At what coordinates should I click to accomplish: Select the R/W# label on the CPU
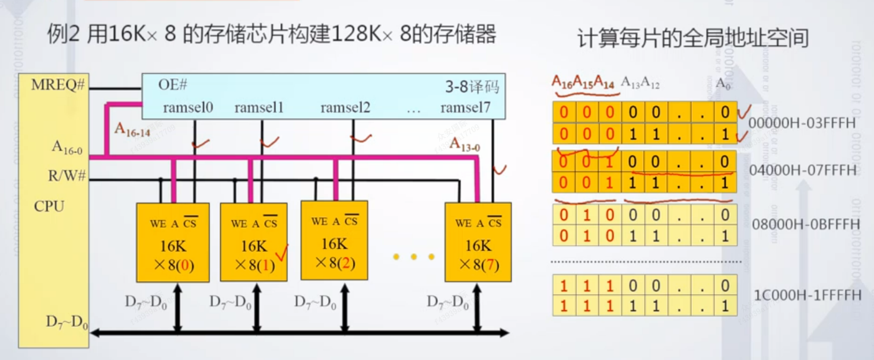click(x=67, y=176)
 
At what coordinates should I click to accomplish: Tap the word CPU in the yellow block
click(x=49, y=206)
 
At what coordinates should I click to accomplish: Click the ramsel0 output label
click(x=187, y=107)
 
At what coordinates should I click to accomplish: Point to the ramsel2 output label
click(x=345, y=107)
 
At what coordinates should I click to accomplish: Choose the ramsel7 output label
click(x=465, y=107)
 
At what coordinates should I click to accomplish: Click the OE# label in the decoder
click(x=173, y=85)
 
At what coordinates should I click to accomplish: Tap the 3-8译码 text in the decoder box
click(x=472, y=87)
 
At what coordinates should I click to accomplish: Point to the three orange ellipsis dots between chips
click(x=414, y=257)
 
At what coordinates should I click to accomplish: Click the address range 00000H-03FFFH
click(x=802, y=123)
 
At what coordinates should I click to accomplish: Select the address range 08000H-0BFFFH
click(x=805, y=225)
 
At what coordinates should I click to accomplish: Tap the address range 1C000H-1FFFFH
click(x=808, y=295)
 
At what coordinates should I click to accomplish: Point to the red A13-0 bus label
click(x=464, y=144)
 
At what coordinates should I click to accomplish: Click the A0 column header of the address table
click(x=721, y=84)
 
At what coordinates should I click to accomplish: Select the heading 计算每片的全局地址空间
click(x=692, y=37)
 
